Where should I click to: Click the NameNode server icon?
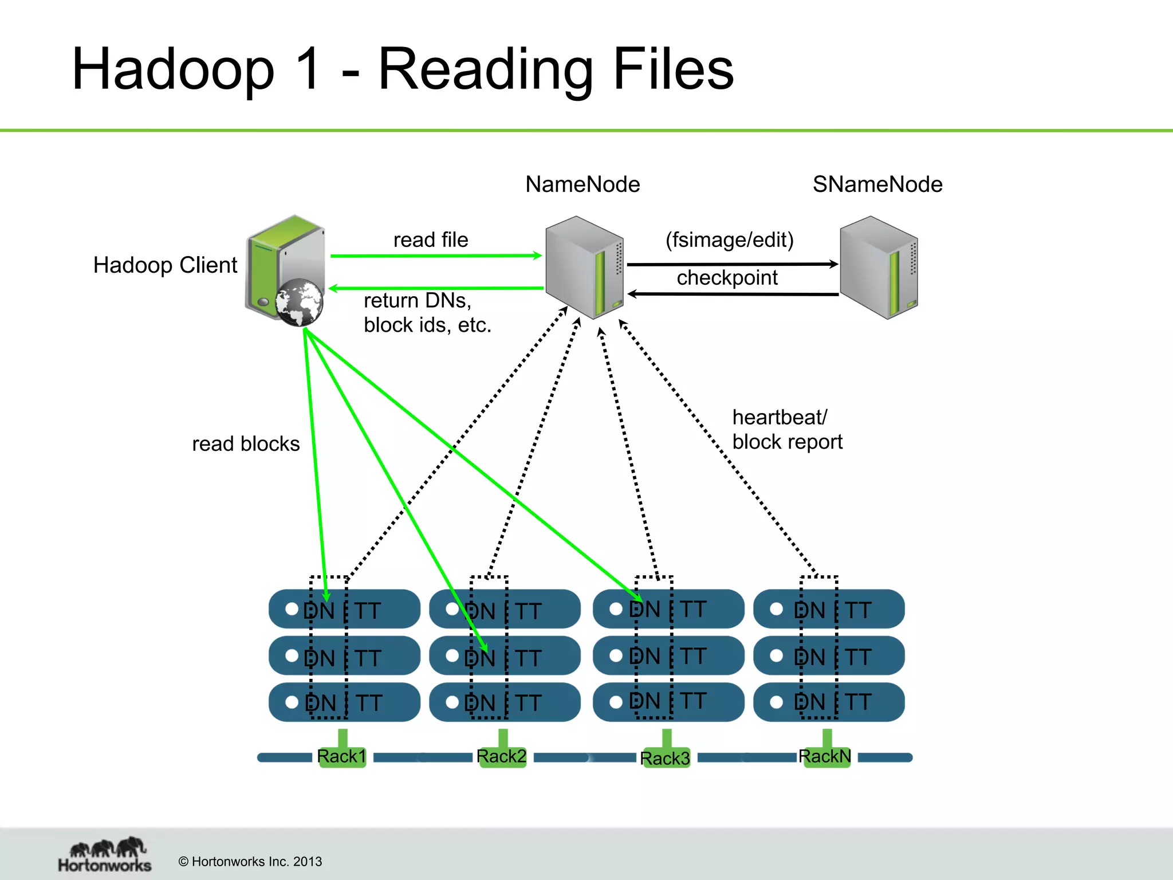pyautogui.click(x=584, y=267)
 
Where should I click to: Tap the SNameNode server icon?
pyautogui.click(x=879, y=267)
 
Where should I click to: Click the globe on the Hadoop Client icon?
pyautogui.click(x=298, y=302)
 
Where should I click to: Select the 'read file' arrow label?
pyautogui.click(x=431, y=239)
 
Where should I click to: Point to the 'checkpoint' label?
pyautogui.click(x=727, y=278)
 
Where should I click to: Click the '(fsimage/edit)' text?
pyautogui.click(x=729, y=239)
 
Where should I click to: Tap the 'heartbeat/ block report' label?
pyautogui.click(x=787, y=430)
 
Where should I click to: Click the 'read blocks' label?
pyautogui.click(x=246, y=444)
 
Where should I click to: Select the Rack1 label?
pyautogui.click(x=341, y=756)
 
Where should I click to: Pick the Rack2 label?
pyautogui.click(x=501, y=756)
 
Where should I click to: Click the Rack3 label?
pyautogui.click(x=665, y=758)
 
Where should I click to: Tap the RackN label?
pyautogui.click(x=825, y=756)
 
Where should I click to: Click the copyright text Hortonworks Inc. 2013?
pyautogui.click(x=250, y=862)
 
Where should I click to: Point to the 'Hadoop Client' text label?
pyautogui.click(x=165, y=265)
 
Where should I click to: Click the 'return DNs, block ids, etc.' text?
pyautogui.click(x=427, y=313)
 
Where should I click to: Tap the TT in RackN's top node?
pyautogui.click(x=857, y=610)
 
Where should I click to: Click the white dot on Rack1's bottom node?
pyautogui.click(x=292, y=702)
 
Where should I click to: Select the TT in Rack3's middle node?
pyautogui.click(x=693, y=656)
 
